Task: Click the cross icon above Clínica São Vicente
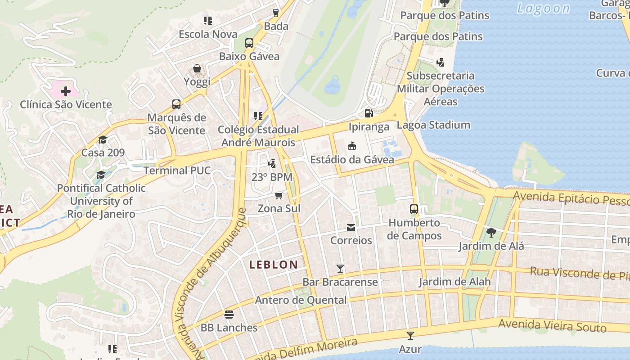[x=66, y=92]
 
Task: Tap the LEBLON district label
[x=274, y=265]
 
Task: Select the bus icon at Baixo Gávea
[x=249, y=43]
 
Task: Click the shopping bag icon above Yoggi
[x=197, y=68]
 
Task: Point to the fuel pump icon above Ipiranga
[x=369, y=113]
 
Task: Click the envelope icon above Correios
[x=351, y=228]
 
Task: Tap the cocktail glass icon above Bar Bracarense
[x=340, y=269]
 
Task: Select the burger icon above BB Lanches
[x=229, y=314]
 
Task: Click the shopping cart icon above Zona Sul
[x=279, y=195]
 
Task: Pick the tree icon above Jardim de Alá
[x=491, y=233]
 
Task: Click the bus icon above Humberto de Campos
[x=414, y=209]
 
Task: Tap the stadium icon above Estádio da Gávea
[x=352, y=146]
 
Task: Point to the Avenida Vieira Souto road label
[x=552, y=325]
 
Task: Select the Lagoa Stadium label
[x=433, y=125]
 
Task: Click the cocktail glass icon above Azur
[x=410, y=336]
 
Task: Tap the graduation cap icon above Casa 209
[x=103, y=139]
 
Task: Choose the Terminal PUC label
[x=177, y=171]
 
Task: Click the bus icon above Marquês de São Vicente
[x=176, y=104]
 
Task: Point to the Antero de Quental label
[x=301, y=300]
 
